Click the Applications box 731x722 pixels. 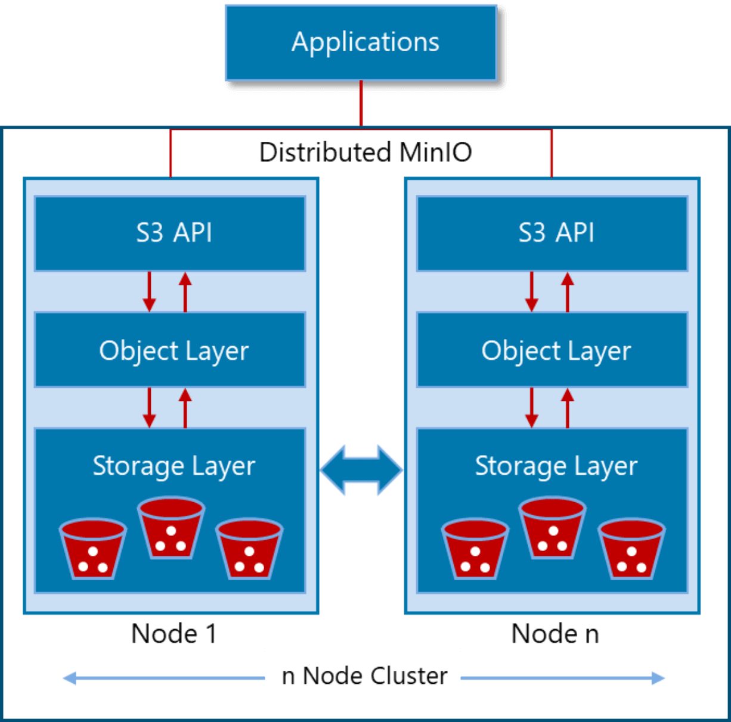[361, 42]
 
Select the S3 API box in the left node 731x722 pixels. [170, 233]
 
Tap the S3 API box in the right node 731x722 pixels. [552, 233]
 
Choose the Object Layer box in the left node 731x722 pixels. [170, 350]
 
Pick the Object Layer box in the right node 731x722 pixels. [552, 350]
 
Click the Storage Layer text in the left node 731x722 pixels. [174, 466]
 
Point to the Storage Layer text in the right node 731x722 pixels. [556, 466]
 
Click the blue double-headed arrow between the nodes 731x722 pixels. [361, 470]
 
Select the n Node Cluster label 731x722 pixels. [363, 676]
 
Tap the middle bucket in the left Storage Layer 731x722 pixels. [171, 528]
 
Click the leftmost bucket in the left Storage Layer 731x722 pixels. [92, 549]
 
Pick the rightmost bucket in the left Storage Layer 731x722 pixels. [249, 549]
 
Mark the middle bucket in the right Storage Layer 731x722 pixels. [552, 528]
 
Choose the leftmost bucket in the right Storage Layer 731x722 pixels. [475, 549]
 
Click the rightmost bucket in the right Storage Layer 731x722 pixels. [631, 549]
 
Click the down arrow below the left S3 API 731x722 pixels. [149, 292]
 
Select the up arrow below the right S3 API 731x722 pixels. [568, 292]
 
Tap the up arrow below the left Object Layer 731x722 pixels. [185, 408]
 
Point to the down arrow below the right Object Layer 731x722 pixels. [531, 408]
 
